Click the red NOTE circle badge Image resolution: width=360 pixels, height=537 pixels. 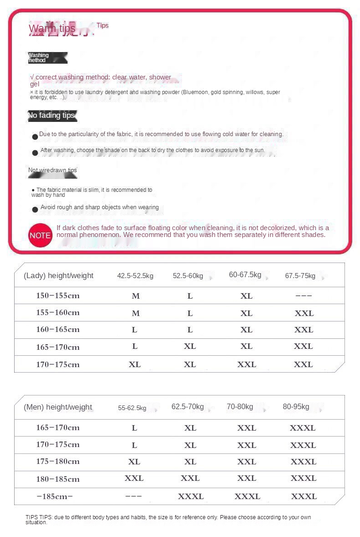[x=40, y=235]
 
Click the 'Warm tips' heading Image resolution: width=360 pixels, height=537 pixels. [x=52, y=29]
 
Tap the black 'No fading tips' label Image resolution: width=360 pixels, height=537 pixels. [x=52, y=116]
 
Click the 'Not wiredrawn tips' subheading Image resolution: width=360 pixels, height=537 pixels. [x=52, y=170]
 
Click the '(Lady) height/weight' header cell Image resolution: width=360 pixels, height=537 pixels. [x=58, y=275]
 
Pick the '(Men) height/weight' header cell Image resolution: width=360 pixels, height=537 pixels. [x=58, y=407]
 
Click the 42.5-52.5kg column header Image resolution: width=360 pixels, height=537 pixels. [x=135, y=276]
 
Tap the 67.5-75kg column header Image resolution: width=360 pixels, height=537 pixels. [x=300, y=276]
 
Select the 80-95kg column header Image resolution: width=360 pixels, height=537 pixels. [x=296, y=406]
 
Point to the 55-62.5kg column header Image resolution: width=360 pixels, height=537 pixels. [x=132, y=408]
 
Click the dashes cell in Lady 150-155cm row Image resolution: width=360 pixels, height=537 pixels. [x=303, y=295]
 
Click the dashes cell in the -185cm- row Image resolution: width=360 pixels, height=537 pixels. [x=133, y=496]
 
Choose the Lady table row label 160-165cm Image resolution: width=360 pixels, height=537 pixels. [x=58, y=330]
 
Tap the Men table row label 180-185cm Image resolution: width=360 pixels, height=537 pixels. [x=58, y=479]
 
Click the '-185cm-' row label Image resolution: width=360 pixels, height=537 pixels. [x=55, y=496]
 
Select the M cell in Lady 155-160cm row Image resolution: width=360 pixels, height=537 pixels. [x=136, y=313]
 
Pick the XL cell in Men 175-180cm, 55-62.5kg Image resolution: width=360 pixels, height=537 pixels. [x=134, y=462]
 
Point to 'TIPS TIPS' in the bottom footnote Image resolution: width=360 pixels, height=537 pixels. [x=39, y=517]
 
